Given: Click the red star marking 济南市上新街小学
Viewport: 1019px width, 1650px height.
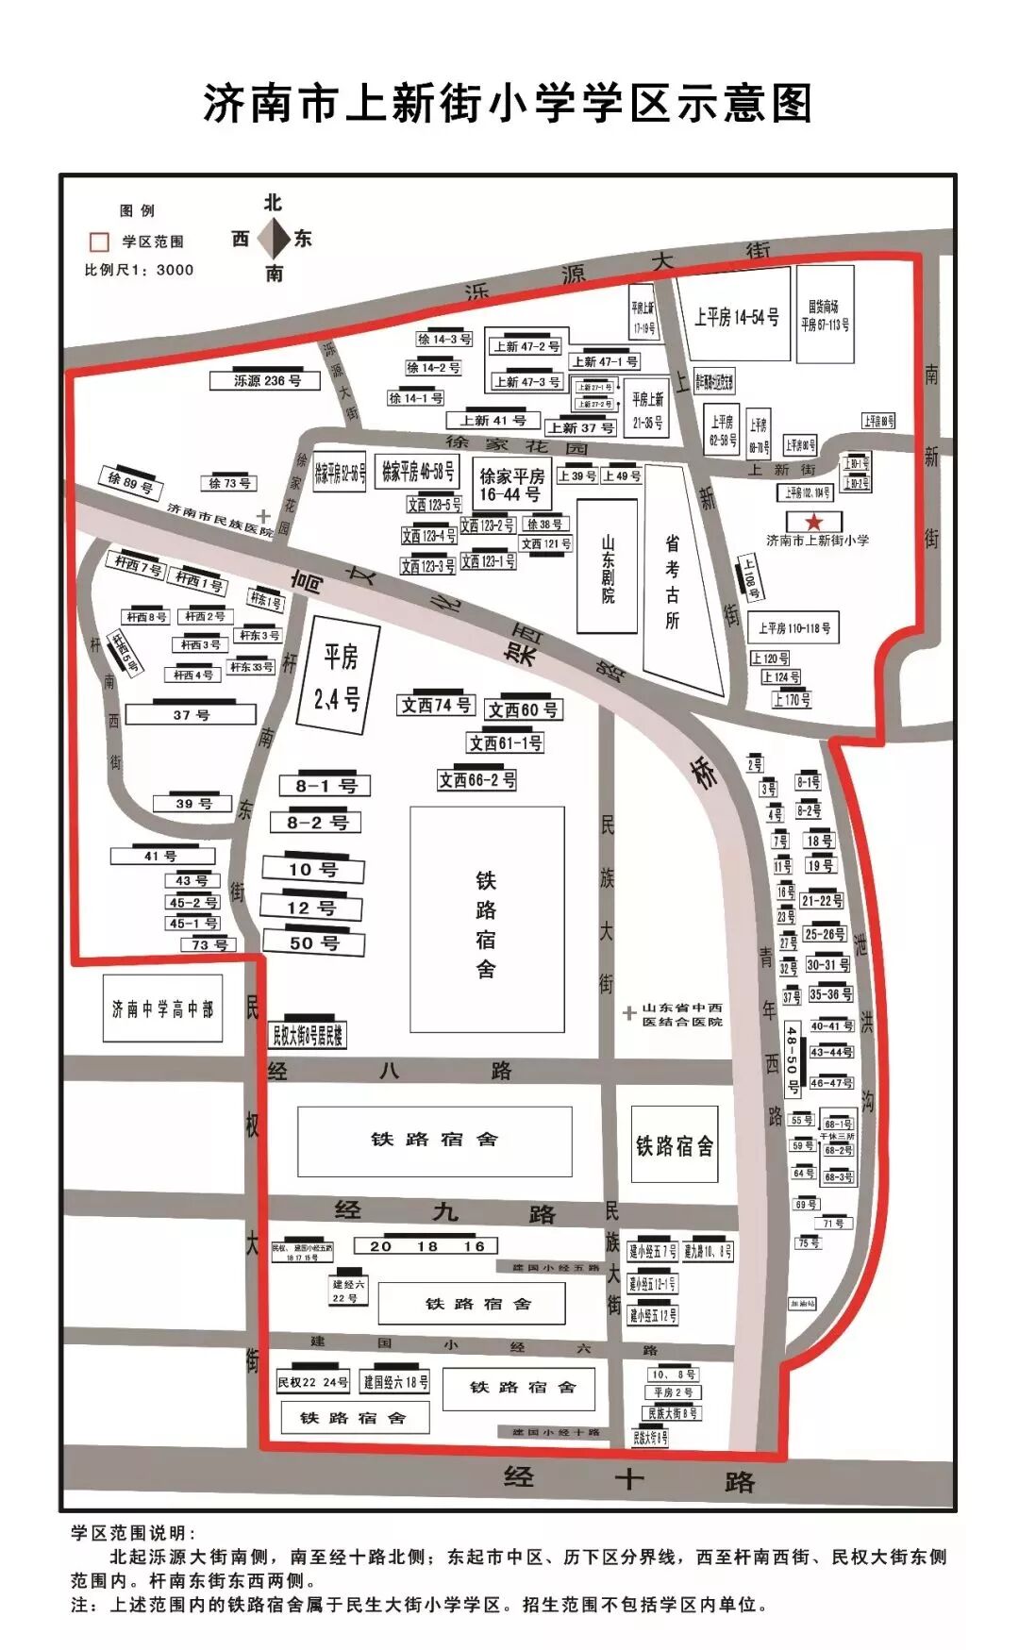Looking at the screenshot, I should (813, 522).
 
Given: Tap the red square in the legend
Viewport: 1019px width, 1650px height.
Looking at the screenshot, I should (99, 242).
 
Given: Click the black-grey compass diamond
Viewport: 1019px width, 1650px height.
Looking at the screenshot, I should (274, 239).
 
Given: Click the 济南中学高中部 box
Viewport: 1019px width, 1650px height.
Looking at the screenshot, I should (162, 1008).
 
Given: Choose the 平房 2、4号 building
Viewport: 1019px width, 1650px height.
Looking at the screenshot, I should (338, 675).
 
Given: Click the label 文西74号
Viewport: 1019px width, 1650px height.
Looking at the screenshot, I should (436, 705).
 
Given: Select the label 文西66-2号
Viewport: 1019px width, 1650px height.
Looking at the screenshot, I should (477, 780).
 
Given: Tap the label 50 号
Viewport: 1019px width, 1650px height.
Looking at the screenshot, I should (314, 942).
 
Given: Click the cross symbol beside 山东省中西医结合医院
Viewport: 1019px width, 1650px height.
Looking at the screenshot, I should (629, 1014).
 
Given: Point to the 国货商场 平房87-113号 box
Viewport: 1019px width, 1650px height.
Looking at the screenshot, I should (825, 315).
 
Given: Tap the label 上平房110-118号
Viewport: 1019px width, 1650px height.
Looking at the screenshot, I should (794, 627).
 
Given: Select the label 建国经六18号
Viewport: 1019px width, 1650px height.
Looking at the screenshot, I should (396, 1382).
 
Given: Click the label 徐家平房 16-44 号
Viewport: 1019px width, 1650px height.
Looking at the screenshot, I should (511, 485).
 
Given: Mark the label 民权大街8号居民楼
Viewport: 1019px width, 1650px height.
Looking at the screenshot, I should (308, 1035).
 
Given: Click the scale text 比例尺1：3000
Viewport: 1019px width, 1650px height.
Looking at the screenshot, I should (140, 270).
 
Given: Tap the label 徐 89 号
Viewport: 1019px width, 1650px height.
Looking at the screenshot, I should (130, 484).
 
